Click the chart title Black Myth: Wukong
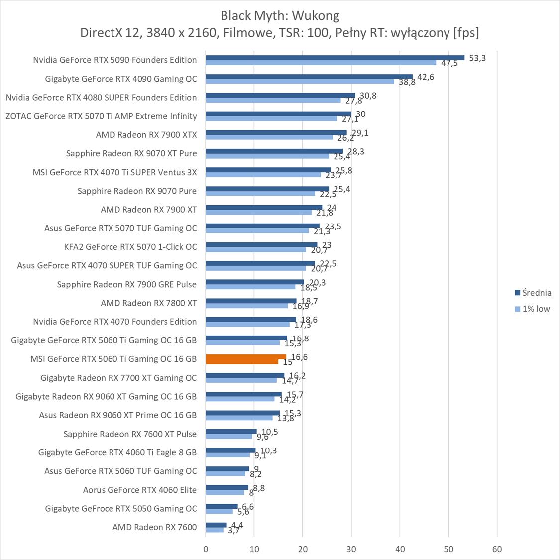(x=280, y=15)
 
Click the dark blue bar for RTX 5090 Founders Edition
(x=335, y=58)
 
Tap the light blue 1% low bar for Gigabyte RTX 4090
(x=300, y=81)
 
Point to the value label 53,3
(x=477, y=58)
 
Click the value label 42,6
(x=425, y=77)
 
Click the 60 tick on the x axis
(x=497, y=549)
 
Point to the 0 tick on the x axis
(x=206, y=549)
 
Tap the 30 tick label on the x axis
(x=351, y=549)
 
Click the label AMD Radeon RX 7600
(x=154, y=527)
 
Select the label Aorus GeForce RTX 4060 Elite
(x=140, y=490)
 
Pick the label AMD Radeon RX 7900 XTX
(x=146, y=135)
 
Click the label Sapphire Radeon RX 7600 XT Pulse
(x=130, y=434)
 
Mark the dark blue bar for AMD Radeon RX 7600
(x=216, y=525)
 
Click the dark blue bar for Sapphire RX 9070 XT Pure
(x=274, y=151)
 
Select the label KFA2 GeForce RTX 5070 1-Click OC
(x=130, y=247)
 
